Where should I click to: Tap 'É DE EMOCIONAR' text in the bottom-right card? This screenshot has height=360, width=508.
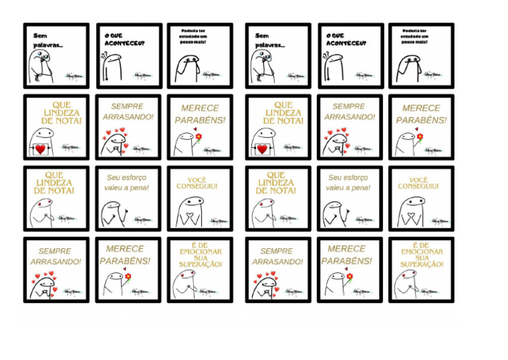(x=422, y=255)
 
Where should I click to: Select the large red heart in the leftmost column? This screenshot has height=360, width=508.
(x=40, y=149)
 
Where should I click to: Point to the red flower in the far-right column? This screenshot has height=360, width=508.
(x=419, y=136)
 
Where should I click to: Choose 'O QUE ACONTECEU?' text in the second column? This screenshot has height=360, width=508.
(x=124, y=40)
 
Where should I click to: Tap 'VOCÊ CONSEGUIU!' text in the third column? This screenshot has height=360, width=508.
(x=196, y=183)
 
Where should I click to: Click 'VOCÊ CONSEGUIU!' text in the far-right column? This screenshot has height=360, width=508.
(x=418, y=183)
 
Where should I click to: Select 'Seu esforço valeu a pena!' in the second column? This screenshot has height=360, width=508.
(x=126, y=183)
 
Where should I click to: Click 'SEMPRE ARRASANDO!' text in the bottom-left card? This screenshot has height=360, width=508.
(x=56, y=256)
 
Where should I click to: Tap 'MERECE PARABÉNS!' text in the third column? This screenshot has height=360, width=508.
(x=200, y=114)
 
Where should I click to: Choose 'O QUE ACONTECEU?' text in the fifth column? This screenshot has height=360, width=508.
(x=345, y=40)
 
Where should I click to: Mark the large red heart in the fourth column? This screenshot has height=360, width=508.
(x=261, y=149)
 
